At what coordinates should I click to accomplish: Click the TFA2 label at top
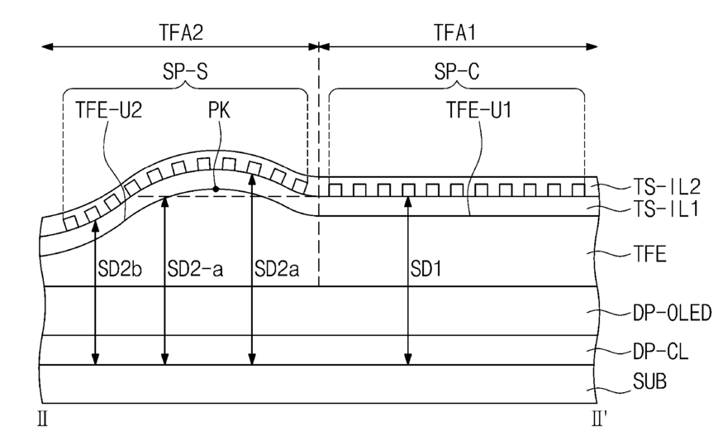pos(181,32)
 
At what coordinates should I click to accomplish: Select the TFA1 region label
pos(454,32)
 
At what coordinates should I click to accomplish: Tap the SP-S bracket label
pos(185,71)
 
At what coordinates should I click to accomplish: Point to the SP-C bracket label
pos(457,71)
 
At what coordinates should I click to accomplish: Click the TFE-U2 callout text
pos(108,110)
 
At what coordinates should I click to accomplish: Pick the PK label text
pos(219,110)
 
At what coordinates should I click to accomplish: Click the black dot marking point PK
pos(215,189)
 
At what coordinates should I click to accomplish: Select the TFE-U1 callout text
pos(479,110)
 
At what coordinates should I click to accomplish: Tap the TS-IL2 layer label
pos(667,186)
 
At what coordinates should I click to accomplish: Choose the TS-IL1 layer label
pos(666,209)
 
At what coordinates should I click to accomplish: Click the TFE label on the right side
pos(649,253)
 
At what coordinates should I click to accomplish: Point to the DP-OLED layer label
pos(673,313)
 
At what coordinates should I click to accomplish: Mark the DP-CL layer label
pos(661,352)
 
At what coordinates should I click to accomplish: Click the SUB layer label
pos(649,381)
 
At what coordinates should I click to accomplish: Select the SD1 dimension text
pos(426,269)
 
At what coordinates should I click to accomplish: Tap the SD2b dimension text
pos(120,269)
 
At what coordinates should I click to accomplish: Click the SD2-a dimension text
pos(196,269)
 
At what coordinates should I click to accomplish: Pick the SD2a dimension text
pos(277,269)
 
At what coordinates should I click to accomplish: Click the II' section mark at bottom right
pos(599,419)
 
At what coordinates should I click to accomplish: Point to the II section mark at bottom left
pos(43,419)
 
